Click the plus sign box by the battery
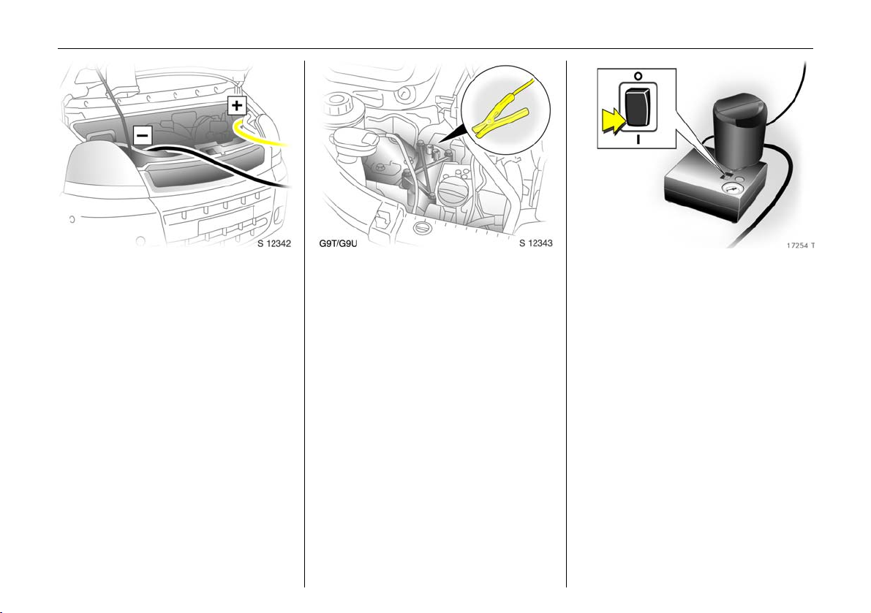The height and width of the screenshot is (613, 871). (x=237, y=105)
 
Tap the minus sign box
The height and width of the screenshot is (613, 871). (x=143, y=135)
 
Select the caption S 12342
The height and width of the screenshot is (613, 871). (x=274, y=243)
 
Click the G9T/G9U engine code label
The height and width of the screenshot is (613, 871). (x=339, y=243)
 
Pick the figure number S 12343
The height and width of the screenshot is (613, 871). (x=536, y=243)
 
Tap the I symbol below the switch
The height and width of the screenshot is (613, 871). (x=638, y=140)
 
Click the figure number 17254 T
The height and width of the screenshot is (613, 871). (x=801, y=245)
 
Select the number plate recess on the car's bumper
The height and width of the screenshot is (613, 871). (x=225, y=226)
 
